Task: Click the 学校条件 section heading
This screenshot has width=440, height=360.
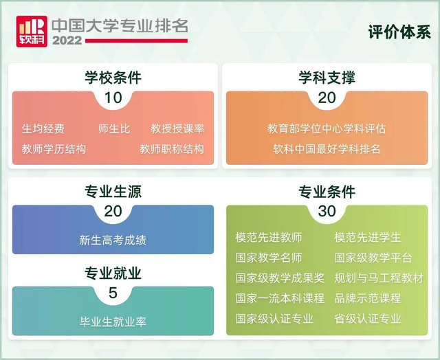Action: [x=113, y=78]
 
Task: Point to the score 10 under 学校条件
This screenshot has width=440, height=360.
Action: [x=113, y=98]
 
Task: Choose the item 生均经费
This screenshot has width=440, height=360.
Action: [x=43, y=128]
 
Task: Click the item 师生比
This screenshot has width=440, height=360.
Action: [x=114, y=128]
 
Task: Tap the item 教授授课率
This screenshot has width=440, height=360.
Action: [x=177, y=128]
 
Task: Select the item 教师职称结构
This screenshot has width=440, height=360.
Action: [x=172, y=148]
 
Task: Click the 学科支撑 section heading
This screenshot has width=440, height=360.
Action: [x=327, y=78]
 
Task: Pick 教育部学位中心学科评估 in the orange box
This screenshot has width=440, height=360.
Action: [x=327, y=128]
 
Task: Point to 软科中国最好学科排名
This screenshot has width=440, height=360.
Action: [x=327, y=148]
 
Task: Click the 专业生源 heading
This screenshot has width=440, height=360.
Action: [x=113, y=191]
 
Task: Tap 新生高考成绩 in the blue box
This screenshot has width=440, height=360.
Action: [x=113, y=240]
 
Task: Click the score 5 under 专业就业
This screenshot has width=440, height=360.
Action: [x=113, y=294]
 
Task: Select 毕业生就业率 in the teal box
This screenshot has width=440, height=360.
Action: [x=113, y=322]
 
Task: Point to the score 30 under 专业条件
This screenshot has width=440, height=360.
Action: [x=327, y=211]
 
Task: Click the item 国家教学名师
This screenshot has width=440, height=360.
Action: [x=269, y=258]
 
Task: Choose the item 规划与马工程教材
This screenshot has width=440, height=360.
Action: [x=379, y=278]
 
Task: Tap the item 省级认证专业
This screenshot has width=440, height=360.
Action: [x=368, y=318]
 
